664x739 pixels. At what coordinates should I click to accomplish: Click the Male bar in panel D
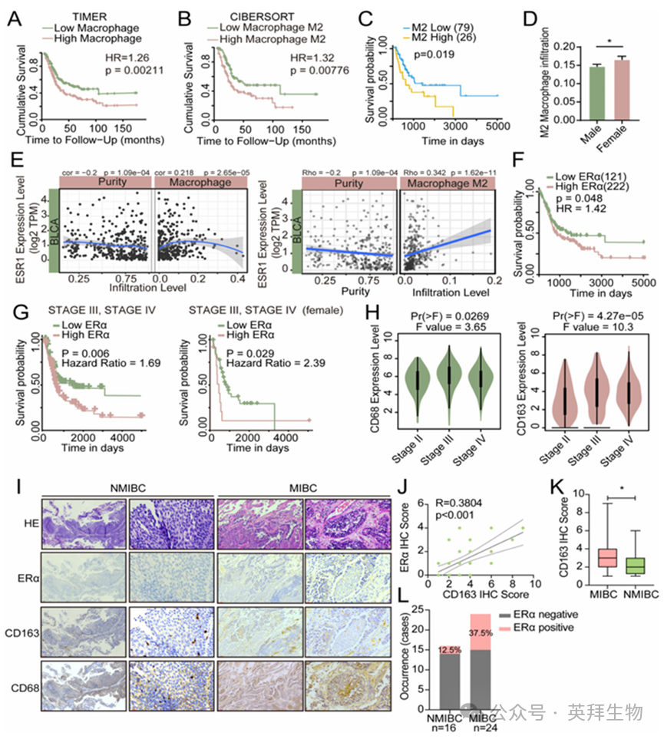[x=592, y=93]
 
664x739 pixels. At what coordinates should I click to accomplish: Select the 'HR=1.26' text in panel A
[x=125, y=58]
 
